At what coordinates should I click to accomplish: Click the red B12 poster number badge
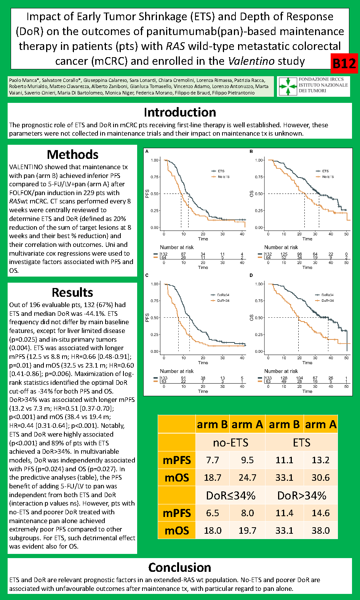pos(344,63)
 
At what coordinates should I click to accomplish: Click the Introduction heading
pos(180,112)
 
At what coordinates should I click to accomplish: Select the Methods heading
pos(72,155)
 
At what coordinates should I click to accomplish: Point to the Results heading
pos(72,293)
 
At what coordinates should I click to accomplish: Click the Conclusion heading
pos(180,568)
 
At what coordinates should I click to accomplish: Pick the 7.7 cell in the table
pos(213,460)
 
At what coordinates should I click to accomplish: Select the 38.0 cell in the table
pos(320,531)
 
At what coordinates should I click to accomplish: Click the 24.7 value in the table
pos(247,478)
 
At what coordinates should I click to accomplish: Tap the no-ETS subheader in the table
pos(230,443)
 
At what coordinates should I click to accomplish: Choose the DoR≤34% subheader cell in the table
pos(230,496)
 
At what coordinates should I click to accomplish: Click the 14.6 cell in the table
pos(320,513)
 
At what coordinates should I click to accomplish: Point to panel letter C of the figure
pos(147,275)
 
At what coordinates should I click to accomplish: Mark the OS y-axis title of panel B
pos(251,194)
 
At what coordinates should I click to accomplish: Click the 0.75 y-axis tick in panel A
pos(154,177)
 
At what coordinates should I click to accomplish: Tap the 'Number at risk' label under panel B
pos(281,247)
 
